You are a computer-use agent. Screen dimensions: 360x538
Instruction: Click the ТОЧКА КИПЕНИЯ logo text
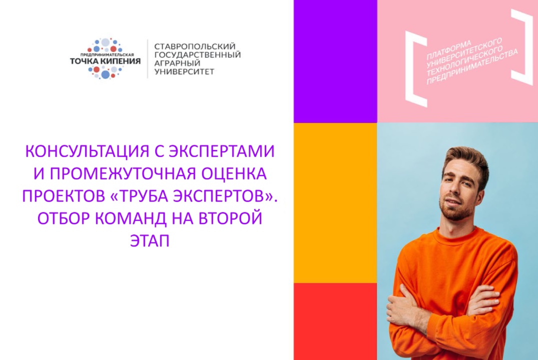pyautogui.click(x=105, y=61)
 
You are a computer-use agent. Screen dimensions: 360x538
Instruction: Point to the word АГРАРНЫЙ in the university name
pyautogui.click(x=178, y=63)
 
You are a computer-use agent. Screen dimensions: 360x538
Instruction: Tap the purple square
pyautogui.click(x=335, y=61)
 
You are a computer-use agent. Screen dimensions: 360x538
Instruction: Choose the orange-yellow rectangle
pyautogui.click(x=335, y=202)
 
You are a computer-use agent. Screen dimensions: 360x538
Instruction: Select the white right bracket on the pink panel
pyautogui.click(x=524, y=47)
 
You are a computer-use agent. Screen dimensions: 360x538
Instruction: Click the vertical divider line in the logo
pyautogui.click(x=147, y=59)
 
